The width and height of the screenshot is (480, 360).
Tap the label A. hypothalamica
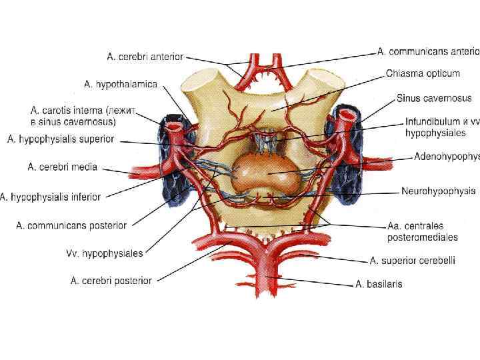[x=121, y=85]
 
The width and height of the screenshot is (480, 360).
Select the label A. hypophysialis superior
[x=61, y=139]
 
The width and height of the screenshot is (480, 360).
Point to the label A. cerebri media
[x=61, y=167]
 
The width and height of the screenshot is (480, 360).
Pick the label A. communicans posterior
[x=71, y=225]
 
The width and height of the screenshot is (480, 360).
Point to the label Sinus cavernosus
[x=434, y=98]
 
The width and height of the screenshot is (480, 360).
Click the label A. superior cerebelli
[x=413, y=261]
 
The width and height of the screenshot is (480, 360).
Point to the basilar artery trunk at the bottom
[x=265, y=277]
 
